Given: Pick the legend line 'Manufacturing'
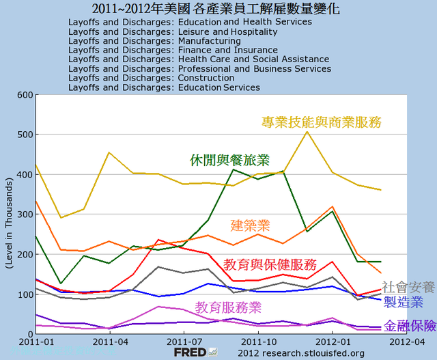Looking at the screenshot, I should [144, 41].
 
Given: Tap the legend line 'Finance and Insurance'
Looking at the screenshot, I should [163, 50].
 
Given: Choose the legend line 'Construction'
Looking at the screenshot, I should [151, 78].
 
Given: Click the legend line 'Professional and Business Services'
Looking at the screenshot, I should [199, 69].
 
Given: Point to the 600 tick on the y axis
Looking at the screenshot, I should [25, 95].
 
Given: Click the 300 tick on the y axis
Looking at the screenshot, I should [25, 214].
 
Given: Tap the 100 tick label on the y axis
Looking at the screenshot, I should [25, 294].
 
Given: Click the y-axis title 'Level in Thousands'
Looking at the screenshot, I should [10, 214].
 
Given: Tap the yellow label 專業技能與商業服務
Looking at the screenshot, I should [321, 122].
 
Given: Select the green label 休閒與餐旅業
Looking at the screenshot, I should [229, 161].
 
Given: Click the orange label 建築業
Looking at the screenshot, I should [251, 225].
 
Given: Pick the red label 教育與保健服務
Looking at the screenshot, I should [270, 264].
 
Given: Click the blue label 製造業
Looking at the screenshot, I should [403, 302].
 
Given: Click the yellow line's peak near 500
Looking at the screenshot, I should [307, 131].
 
